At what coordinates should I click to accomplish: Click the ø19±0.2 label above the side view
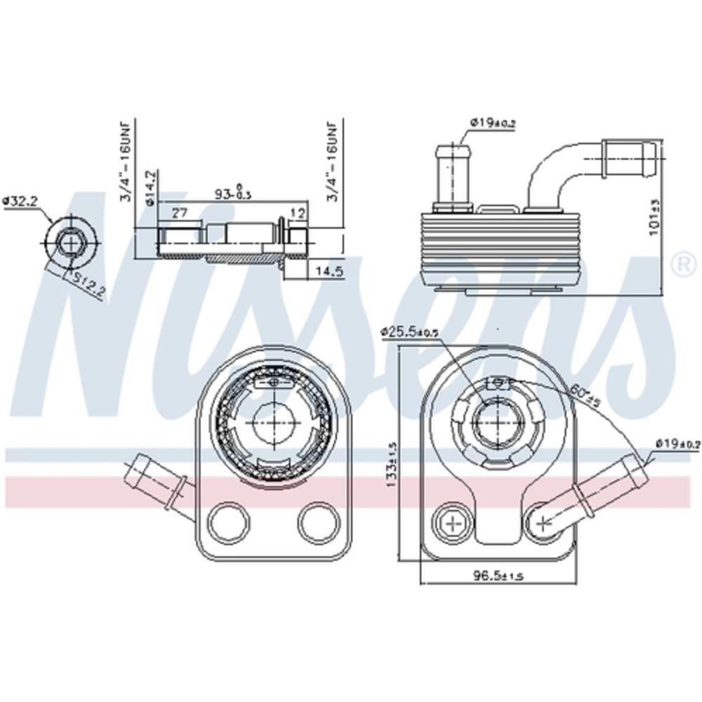(492, 124)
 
